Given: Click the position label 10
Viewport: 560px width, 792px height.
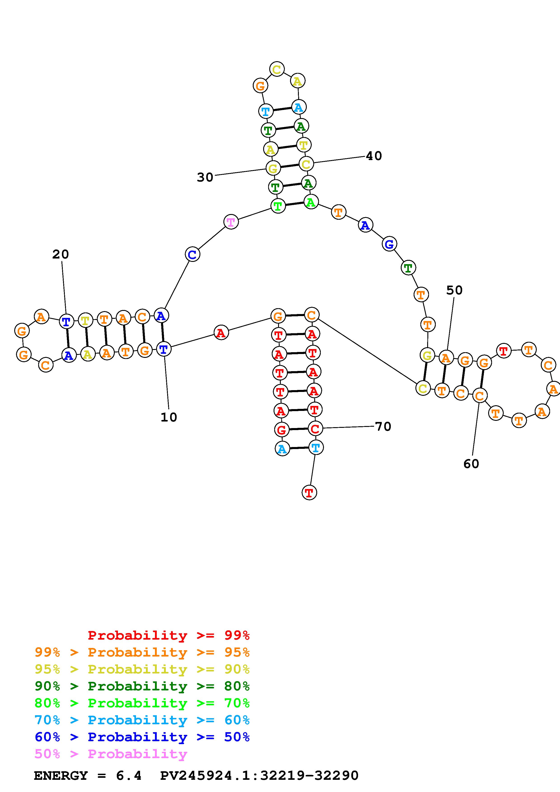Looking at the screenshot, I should tap(169, 417).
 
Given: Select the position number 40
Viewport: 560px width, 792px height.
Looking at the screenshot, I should tap(374, 156).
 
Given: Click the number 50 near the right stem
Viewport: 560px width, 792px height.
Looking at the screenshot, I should tap(454, 290).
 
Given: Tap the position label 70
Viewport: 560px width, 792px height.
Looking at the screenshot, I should tap(383, 427).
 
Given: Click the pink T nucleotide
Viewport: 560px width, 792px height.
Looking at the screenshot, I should tap(231, 222).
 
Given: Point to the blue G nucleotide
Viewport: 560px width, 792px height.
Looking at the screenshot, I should tap(389, 245).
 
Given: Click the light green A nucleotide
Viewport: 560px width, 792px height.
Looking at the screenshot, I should tap(311, 202).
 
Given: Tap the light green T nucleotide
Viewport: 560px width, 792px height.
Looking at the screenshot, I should tap(278, 206).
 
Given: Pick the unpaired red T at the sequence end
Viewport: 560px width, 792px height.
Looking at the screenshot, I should tap(309, 493).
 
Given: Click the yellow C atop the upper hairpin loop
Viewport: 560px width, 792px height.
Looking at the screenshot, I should tap(277, 69).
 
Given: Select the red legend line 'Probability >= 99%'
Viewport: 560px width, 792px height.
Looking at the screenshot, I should tap(169, 635).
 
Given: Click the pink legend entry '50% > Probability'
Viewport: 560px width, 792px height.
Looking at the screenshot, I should tap(111, 754).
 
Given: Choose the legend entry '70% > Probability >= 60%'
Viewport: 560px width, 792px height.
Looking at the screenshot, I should tap(142, 720).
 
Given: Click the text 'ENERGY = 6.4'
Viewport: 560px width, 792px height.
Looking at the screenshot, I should tap(88, 776).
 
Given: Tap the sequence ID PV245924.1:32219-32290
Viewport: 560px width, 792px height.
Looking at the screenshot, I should tap(259, 776).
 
